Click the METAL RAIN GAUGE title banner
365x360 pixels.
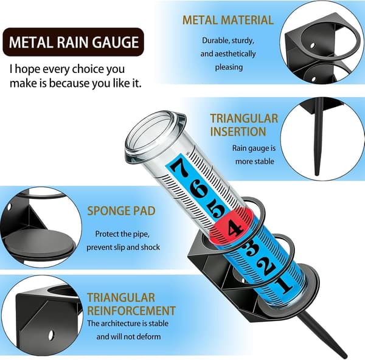coord(74,42)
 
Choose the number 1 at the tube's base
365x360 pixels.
coord(283,285)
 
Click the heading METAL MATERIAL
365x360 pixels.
coord(228,20)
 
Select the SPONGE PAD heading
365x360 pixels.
coord(121,211)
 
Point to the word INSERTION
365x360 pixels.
coord(238,131)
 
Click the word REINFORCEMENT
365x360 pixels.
coord(131,311)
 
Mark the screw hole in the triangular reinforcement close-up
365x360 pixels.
coord(50,335)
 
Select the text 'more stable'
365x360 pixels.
coord(255,161)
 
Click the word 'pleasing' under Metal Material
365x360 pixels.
coord(229,67)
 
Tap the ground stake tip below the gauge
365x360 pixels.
coord(344,355)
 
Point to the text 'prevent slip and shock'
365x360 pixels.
coord(123,247)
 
